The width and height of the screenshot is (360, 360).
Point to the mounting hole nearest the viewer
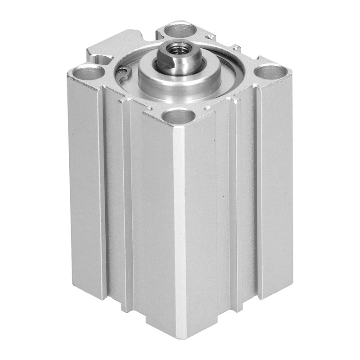(x=179, y=117)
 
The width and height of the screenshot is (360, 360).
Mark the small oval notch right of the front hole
(x=208, y=108)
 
